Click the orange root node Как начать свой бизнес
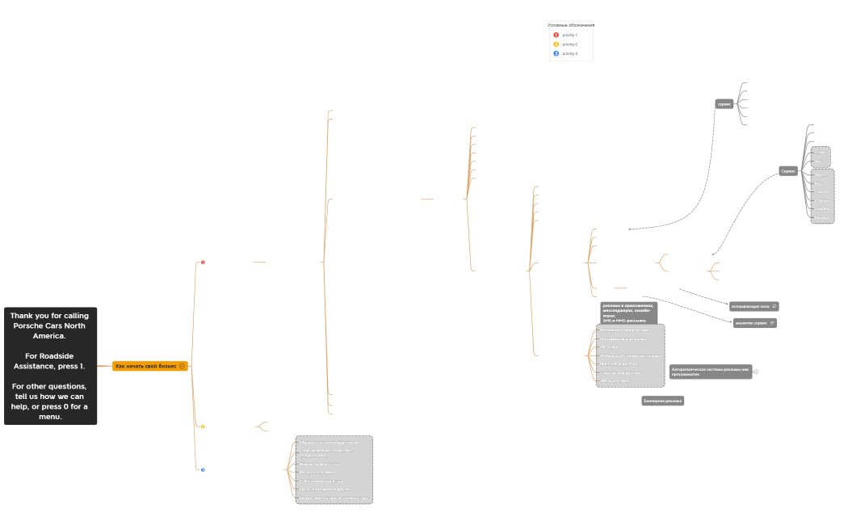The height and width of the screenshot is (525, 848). [x=145, y=366]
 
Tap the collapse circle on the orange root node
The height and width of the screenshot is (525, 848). [x=183, y=366]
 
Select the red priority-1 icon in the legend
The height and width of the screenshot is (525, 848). [x=556, y=35]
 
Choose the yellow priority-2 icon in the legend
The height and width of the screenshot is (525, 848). [x=556, y=44]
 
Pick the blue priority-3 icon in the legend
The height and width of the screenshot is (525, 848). [x=556, y=53]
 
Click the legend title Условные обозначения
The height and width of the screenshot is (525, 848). [x=571, y=25]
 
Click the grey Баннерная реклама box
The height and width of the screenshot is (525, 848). [x=663, y=401]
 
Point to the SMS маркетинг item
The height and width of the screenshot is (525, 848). [x=614, y=381]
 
